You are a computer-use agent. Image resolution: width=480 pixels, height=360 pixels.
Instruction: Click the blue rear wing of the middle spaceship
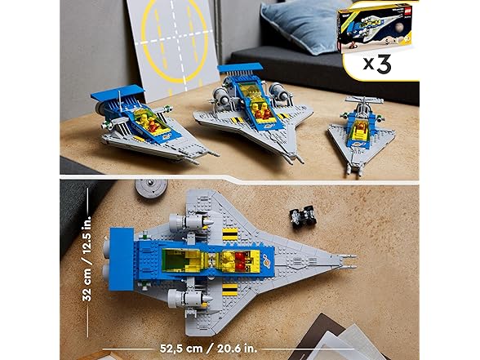240,67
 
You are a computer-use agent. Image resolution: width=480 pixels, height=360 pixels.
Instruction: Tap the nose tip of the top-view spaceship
353,260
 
